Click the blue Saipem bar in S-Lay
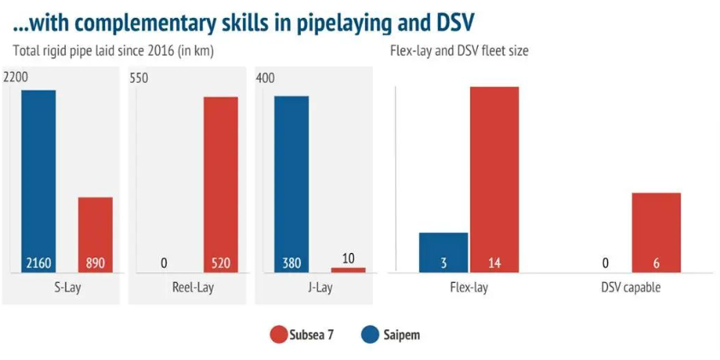pyautogui.click(x=38, y=180)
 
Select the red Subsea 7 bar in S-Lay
pyautogui.click(x=95, y=234)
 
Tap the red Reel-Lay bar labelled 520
pyautogui.click(x=221, y=184)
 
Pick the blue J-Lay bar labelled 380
pyautogui.click(x=292, y=184)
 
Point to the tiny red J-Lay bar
pyautogui.click(x=348, y=269)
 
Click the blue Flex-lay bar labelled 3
pyautogui.click(x=443, y=252)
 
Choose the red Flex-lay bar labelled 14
pyautogui.click(x=494, y=179)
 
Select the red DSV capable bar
pyautogui.click(x=656, y=232)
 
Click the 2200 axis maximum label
pyautogui.click(x=15, y=78)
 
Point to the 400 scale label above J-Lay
pyautogui.click(x=265, y=78)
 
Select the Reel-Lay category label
pyautogui.click(x=192, y=287)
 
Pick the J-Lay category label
pyautogui.click(x=319, y=287)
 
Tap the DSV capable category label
pyautogui.click(x=630, y=287)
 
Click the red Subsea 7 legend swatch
pyautogui.click(x=277, y=334)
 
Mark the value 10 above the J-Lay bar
pyautogui.click(x=348, y=258)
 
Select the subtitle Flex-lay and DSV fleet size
pyautogui.click(x=459, y=51)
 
